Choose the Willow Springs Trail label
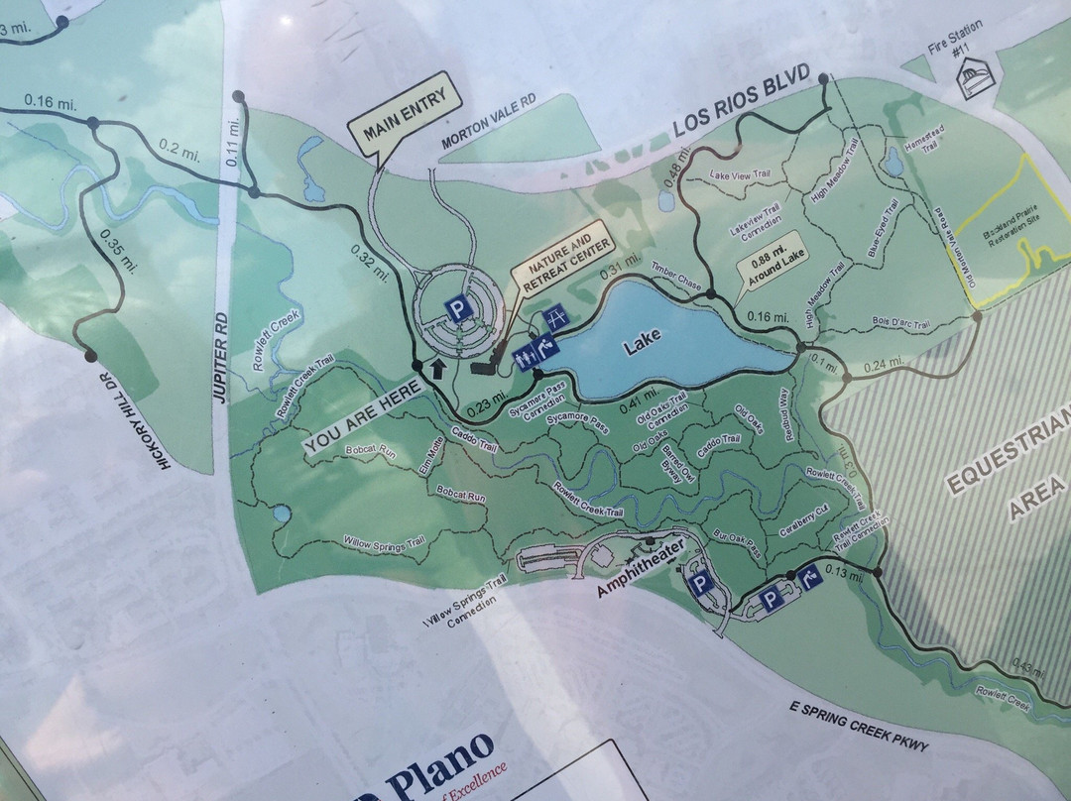(x=383, y=542)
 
